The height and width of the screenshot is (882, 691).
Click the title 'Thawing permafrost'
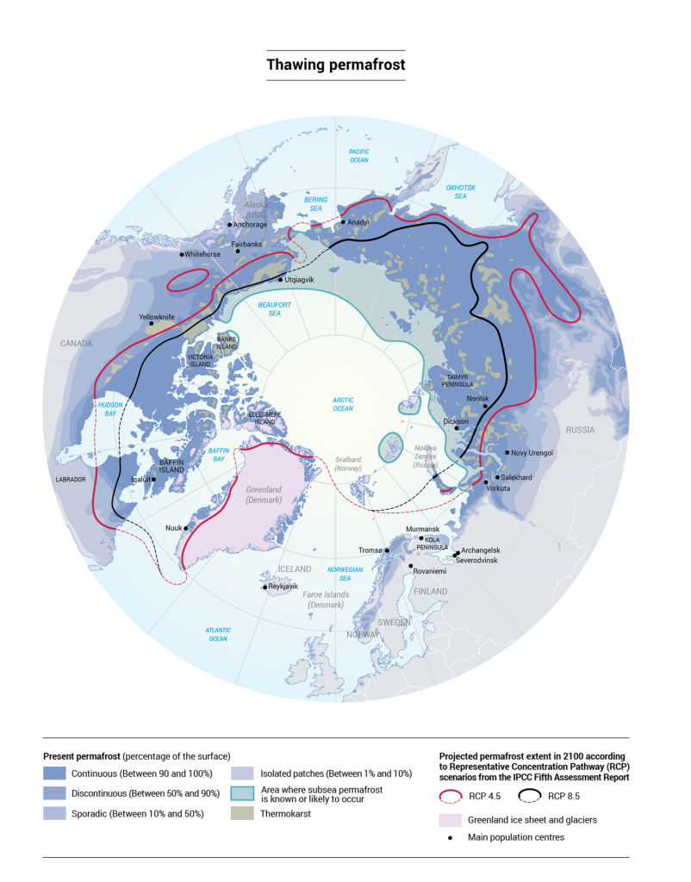(x=335, y=65)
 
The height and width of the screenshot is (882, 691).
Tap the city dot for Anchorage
(x=230, y=226)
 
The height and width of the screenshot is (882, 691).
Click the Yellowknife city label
(x=157, y=317)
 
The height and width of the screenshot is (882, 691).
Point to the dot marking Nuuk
(x=187, y=528)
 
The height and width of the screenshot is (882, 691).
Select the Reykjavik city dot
(x=265, y=587)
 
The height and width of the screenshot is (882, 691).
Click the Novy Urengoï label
(x=535, y=453)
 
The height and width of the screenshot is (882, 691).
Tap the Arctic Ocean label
(x=344, y=404)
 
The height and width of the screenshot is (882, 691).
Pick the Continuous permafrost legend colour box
(x=56, y=773)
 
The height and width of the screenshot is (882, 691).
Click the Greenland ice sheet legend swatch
(x=451, y=819)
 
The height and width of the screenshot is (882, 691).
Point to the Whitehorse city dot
(x=182, y=255)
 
